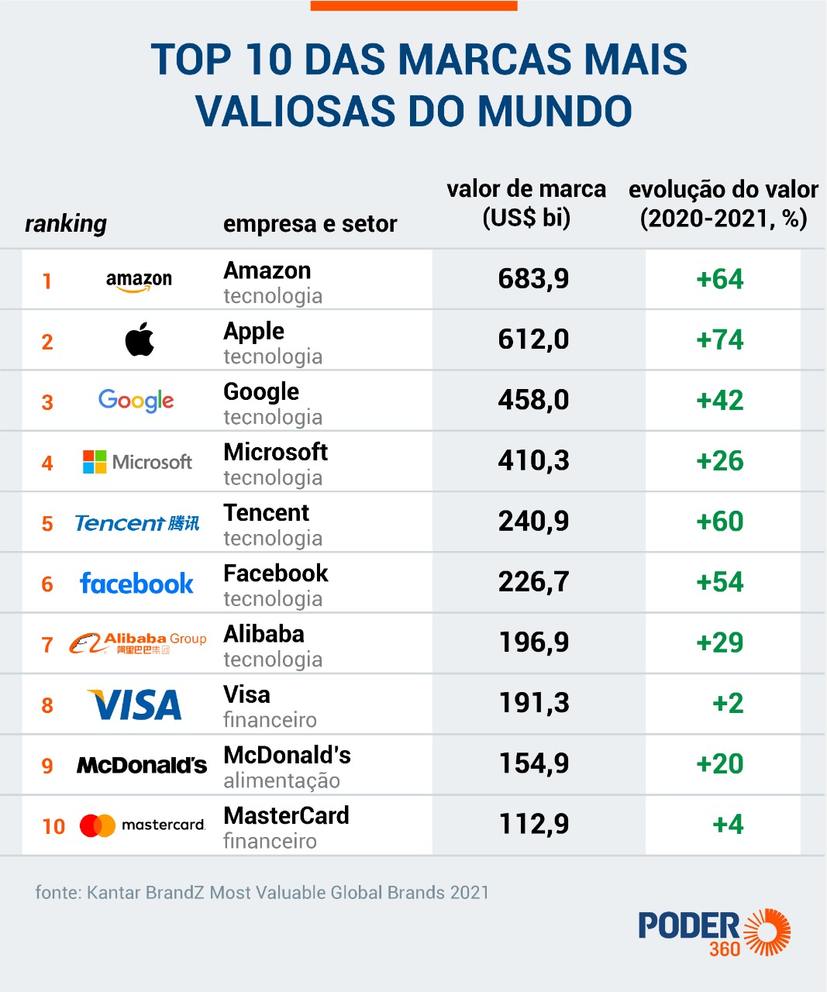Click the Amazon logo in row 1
pos(139,281)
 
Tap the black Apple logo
pos(140,339)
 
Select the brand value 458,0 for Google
pos(533,400)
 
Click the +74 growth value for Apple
pos(719,339)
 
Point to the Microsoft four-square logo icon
pos(95,462)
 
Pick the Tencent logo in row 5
pos(137,523)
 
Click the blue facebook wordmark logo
pos(137,584)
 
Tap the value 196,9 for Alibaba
pos(534,642)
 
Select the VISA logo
pos(135,704)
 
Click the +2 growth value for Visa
pos(728,703)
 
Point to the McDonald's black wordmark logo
pos(142,766)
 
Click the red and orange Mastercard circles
pos(98,825)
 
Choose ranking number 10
pos(53,827)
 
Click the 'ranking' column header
pos(66,224)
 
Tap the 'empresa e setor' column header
pos(310,224)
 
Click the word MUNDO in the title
pos(555,111)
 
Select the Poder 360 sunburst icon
pos(767,932)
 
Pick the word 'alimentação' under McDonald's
pos(282,781)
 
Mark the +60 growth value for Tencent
pos(719,521)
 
